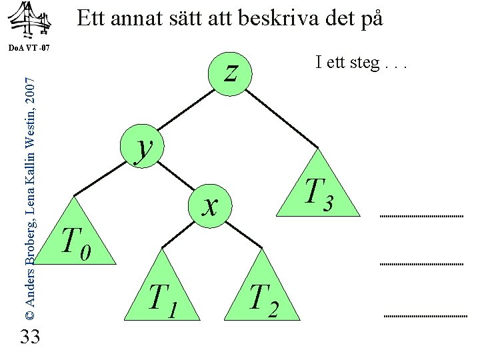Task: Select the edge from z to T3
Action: point(283,117)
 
